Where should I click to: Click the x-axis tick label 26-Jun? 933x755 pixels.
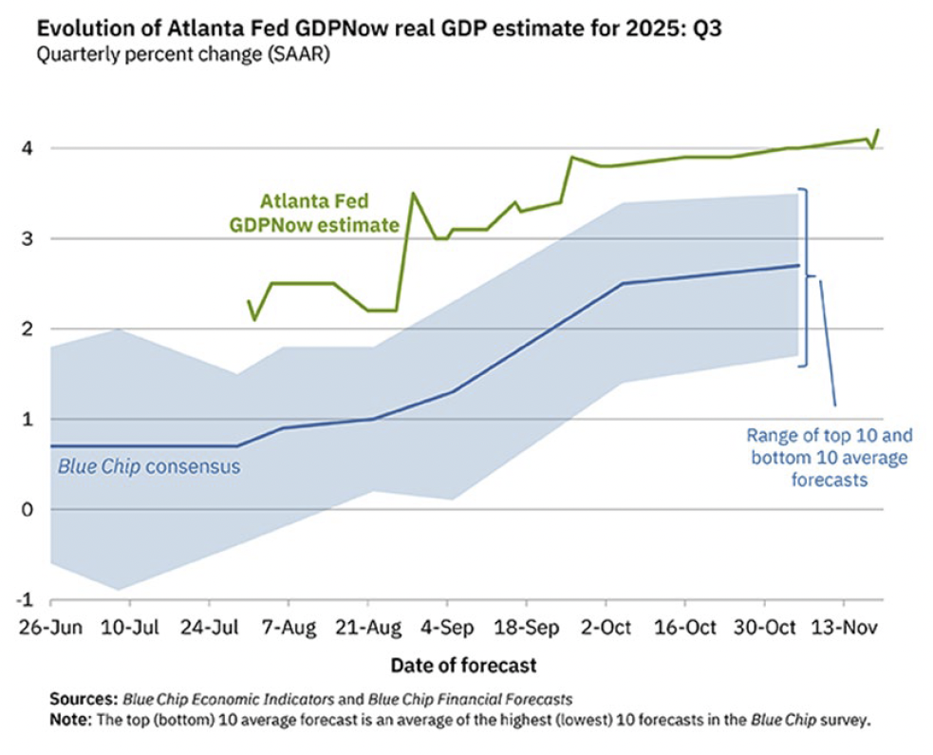(50, 627)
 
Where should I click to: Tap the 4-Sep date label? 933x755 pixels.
(448, 627)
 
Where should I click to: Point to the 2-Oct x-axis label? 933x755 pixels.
(606, 627)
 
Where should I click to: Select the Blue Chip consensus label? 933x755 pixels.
(149, 466)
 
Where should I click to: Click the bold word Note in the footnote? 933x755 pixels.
(69, 719)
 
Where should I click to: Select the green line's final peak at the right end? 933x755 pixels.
(878, 129)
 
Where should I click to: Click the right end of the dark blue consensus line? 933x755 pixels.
(799, 265)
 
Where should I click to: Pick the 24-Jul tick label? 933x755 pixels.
(209, 627)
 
